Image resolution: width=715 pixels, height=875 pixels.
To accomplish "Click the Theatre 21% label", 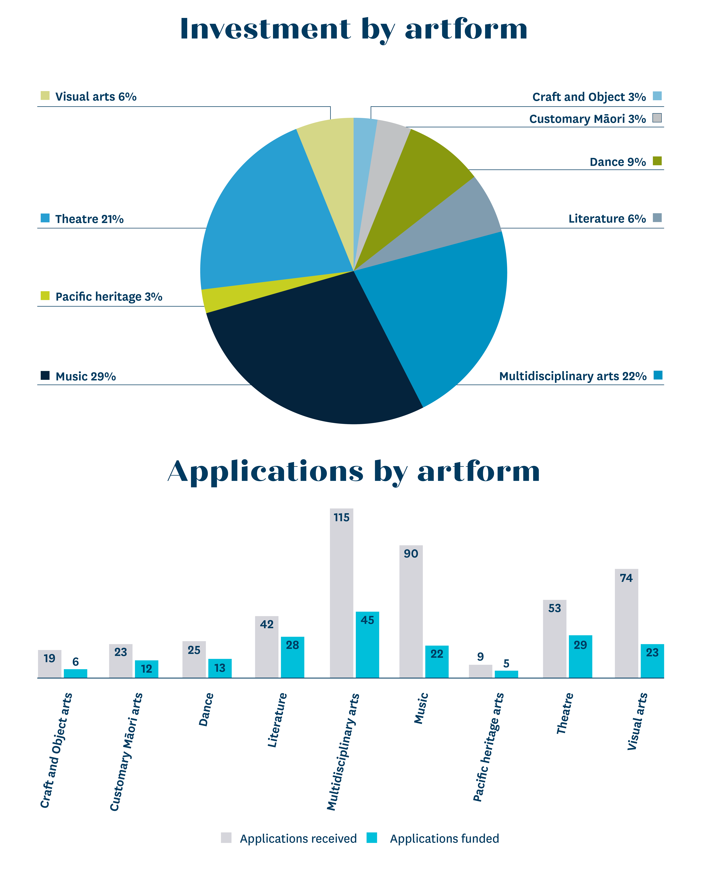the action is coord(89,219).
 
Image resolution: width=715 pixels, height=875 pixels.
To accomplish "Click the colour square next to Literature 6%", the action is coord(657,218).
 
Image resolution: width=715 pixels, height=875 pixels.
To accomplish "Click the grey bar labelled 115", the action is coord(341,593).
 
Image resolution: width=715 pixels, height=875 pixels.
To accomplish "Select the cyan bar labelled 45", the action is coord(367,645).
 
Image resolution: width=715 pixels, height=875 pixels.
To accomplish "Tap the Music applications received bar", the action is coord(411,612).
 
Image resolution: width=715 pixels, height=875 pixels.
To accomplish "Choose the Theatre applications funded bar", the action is coord(580,656).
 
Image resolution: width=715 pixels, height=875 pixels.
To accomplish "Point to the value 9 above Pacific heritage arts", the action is coord(480,656).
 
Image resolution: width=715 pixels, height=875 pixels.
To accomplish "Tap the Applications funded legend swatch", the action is coord(372,838).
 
